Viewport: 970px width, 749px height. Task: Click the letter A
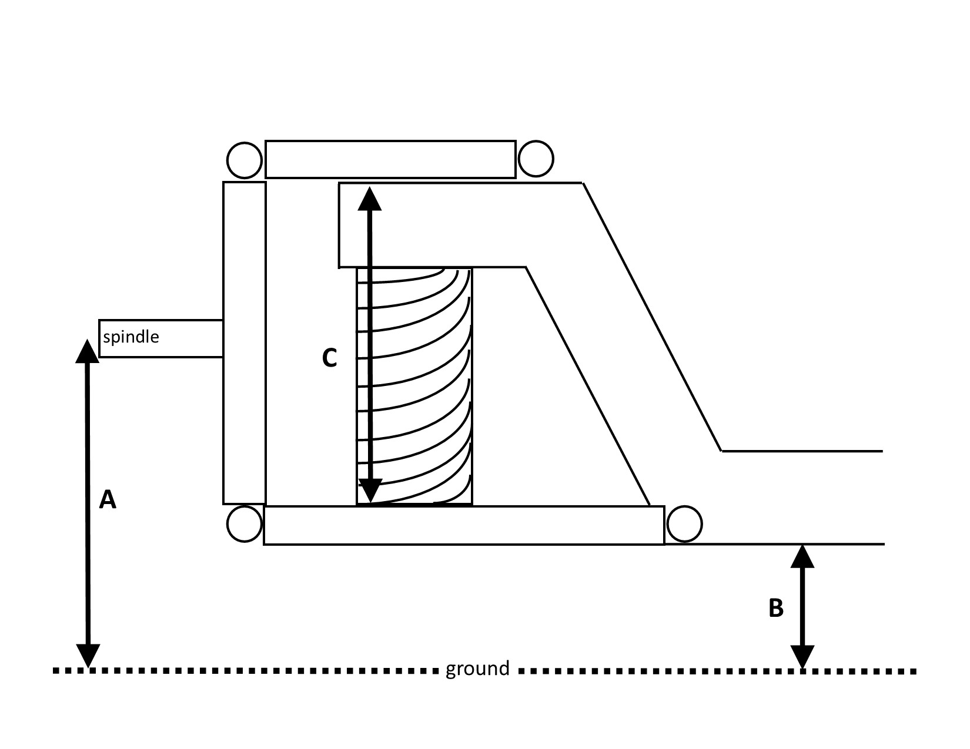pyautogui.click(x=108, y=500)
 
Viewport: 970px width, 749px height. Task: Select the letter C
pyautogui.click(x=329, y=358)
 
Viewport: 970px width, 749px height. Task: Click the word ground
pyautogui.click(x=477, y=669)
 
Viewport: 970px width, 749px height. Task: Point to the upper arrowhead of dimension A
pyautogui.click(x=87, y=351)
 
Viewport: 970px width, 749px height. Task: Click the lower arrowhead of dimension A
pyautogui.click(x=88, y=656)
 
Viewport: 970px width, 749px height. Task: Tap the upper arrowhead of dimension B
pyautogui.click(x=802, y=556)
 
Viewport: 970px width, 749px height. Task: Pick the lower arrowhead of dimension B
pyautogui.click(x=802, y=657)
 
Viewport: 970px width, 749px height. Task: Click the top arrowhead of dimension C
pyautogui.click(x=370, y=199)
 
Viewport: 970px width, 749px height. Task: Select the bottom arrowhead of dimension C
pyautogui.click(x=370, y=491)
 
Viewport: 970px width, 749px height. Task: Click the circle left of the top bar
pyautogui.click(x=244, y=160)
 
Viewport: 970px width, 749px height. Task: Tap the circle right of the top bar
pyautogui.click(x=536, y=159)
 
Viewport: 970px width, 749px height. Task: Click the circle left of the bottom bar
pyautogui.click(x=244, y=524)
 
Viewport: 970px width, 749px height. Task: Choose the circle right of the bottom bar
pyautogui.click(x=684, y=524)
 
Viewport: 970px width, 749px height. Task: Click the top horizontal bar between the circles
pyautogui.click(x=390, y=159)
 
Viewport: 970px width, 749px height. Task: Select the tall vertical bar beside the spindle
pyautogui.click(x=245, y=343)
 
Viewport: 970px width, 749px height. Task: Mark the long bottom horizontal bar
pyautogui.click(x=464, y=526)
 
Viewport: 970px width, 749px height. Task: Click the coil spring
pyautogui.click(x=414, y=387)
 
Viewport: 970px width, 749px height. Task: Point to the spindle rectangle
pyautogui.click(x=160, y=338)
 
